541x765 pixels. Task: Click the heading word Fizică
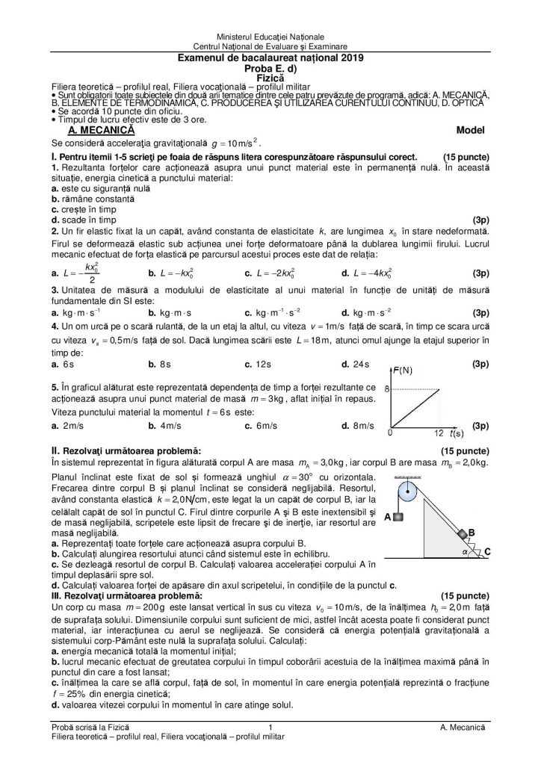pyautogui.click(x=270, y=77)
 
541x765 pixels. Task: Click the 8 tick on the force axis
pyautogui.click(x=387, y=389)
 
